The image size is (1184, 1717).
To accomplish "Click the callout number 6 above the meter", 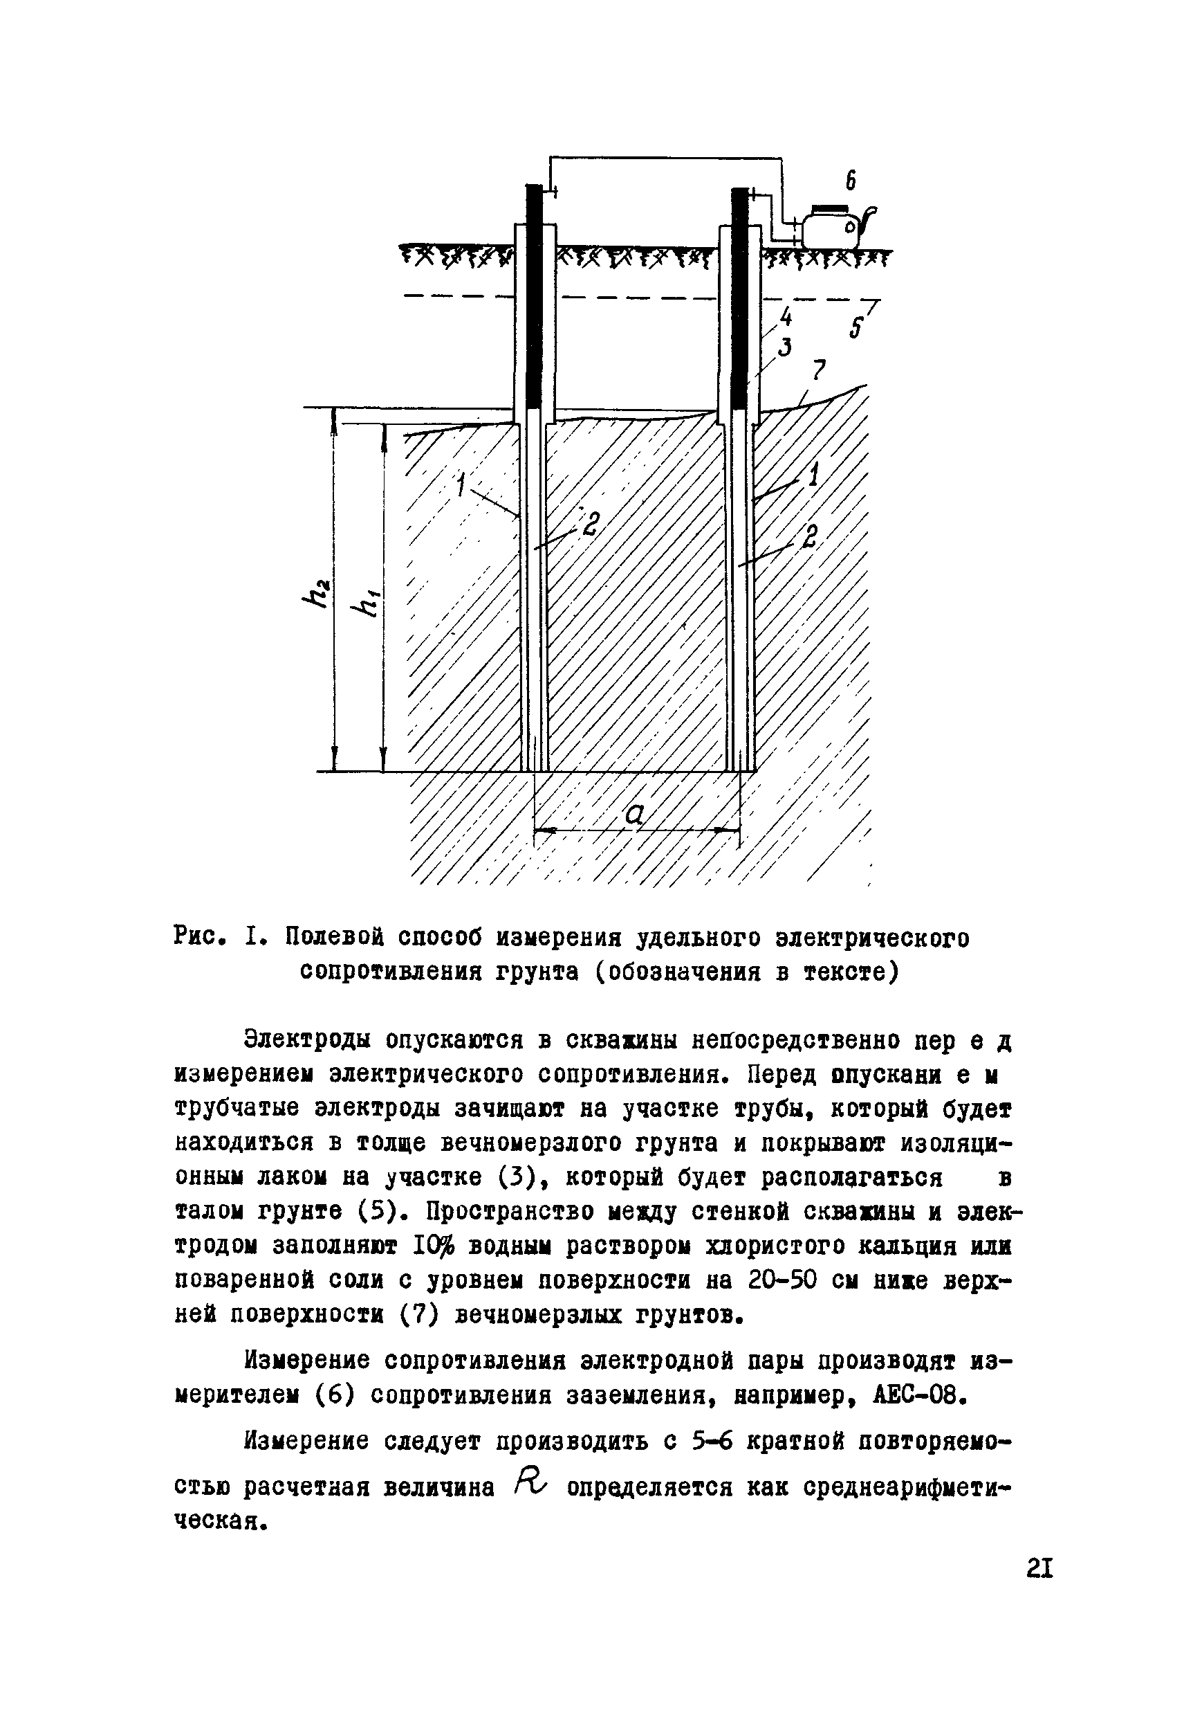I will (x=851, y=181).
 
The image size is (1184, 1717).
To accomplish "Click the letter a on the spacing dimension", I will (x=635, y=815).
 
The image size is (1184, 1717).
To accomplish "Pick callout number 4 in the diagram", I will (x=786, y=318).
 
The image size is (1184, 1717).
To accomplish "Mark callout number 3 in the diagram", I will (x=784, y=346).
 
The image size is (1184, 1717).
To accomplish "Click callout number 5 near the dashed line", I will (x=857, y=327).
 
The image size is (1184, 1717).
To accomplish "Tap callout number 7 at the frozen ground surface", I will (x=818, y=369).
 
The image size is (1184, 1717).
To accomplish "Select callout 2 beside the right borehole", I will (x=809, y=536).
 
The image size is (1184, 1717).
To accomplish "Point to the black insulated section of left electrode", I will (x=534, y=297).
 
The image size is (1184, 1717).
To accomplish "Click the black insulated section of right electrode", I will (x=739, y=297).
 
